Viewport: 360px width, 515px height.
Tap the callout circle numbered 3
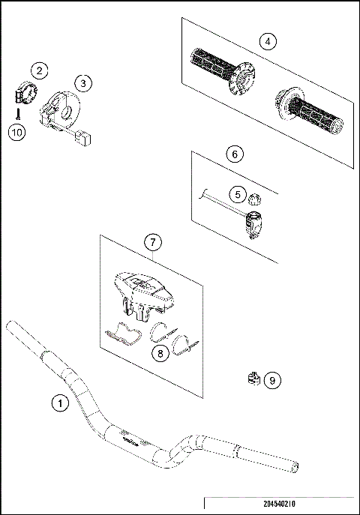pyautogui.click(x=82, y=82)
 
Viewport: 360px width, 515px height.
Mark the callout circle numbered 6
pyautogui.click(x=235, y=154)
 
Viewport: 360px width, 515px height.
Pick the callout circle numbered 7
pyautogui.click(x=152, y=242)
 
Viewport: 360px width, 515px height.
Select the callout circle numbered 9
pyautogui.click(x=272, y=381)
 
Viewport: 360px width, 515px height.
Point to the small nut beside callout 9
pyautogui.click(x=253, y=379)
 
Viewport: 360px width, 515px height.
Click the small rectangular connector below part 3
pyautogui.click(x=84, y=138)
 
